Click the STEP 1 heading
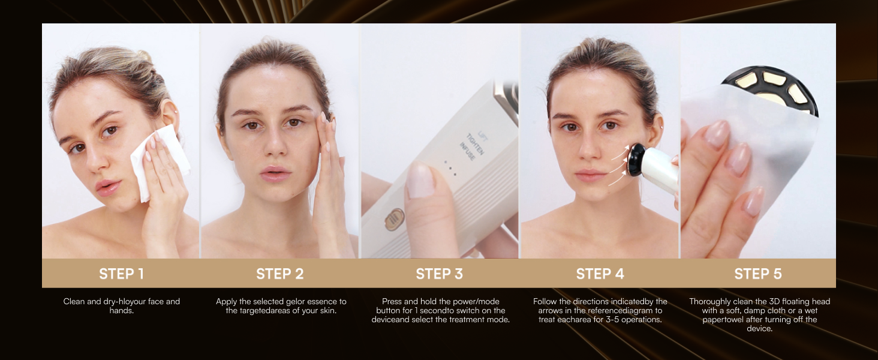[121, 274]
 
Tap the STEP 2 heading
[279, 274]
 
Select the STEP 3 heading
[439, 274]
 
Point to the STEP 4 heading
[600, 274]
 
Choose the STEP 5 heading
[758, 274]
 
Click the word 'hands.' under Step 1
[122, 311]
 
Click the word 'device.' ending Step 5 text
[760, 329]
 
